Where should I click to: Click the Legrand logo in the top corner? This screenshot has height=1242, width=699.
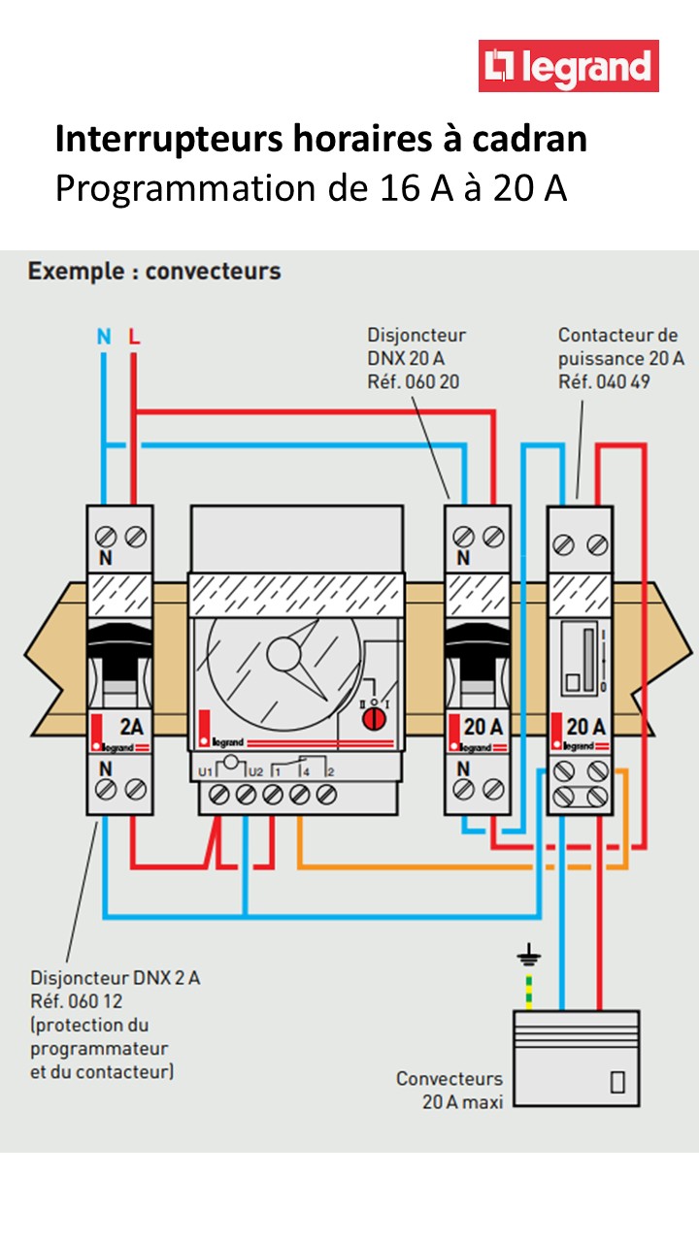[569, 66]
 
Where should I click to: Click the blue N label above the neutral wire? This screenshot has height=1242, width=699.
[104, 338]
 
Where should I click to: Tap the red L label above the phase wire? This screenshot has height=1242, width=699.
[134, 338]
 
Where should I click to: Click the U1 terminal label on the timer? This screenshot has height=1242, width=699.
[205, 770]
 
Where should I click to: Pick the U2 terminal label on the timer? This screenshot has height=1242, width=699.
[255, 770]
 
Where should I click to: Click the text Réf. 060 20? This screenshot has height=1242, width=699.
[413, 381]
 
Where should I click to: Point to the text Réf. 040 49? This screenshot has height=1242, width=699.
[604, 381]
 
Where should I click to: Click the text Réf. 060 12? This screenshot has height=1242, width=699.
[77, 1000]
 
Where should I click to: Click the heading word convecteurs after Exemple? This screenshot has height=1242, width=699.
[213, 271]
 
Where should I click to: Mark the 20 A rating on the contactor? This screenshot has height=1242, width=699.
[586, 725]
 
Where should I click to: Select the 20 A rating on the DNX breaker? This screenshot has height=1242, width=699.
[483, 725]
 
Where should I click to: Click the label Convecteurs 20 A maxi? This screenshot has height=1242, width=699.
[449, 1090]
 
